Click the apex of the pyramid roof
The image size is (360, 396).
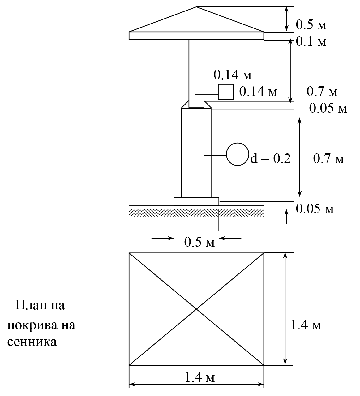(x=196, y=7)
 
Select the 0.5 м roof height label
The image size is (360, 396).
(x=311, y=25)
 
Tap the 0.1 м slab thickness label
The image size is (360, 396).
(x=311, y=42)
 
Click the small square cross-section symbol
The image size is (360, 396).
(x=225, y=92)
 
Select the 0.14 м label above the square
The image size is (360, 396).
(x=233, y=75)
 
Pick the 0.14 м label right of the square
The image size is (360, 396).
(x=258, y=91)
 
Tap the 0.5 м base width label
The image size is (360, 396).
(x=199, y=242)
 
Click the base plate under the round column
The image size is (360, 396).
(x=196, y=201)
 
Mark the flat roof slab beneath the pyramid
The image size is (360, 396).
(x=196, y=36)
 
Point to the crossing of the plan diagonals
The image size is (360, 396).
(x=196, y=309)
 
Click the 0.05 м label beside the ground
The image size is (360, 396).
(x=315, y=209)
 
